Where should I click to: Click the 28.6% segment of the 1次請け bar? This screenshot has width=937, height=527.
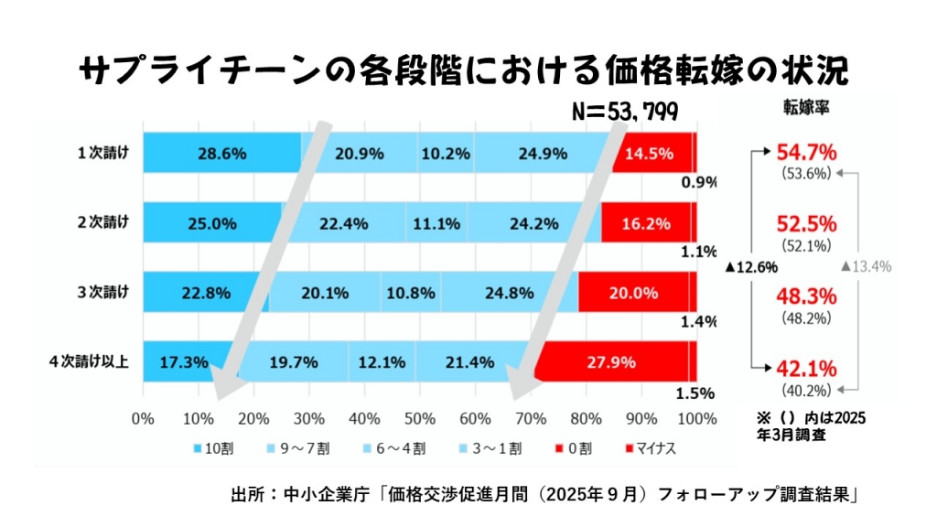221,154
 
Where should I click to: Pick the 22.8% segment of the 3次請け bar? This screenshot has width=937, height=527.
206,293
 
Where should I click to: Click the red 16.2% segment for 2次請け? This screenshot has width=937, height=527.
647,223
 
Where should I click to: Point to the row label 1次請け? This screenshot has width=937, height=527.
102,153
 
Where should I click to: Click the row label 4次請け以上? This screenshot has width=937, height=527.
89,361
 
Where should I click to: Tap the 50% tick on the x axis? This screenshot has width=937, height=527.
420,419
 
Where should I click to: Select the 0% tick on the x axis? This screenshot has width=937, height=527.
143,419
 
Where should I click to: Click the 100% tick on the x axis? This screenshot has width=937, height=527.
696,419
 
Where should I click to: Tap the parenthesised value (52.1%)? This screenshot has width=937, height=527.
806,245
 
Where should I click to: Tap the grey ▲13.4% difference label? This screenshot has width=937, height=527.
866,266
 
